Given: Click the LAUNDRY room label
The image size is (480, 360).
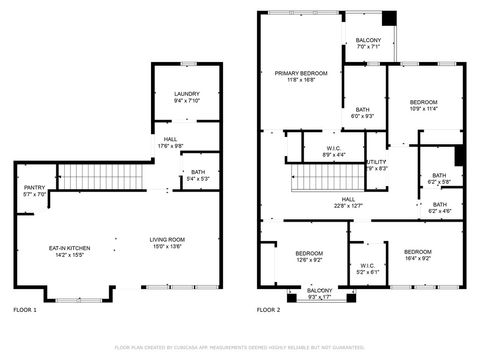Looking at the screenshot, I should (x=187, y=93).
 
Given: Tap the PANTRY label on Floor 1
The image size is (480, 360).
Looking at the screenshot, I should (x=34, y=187).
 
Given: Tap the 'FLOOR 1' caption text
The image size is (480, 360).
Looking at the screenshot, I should (x=25, y=310).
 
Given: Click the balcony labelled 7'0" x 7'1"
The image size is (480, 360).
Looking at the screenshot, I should (x=368, y=42).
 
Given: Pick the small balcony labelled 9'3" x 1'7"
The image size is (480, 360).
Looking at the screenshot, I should (x=320, y=293).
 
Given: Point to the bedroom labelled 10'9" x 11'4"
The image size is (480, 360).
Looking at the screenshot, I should (x=424, y=103).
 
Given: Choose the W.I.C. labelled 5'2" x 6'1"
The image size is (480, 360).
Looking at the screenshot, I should (x=367, y=268).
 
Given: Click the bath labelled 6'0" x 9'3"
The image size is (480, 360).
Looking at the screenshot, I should (x=362, y=112).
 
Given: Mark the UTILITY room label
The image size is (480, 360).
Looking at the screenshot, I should (x=376, y=163).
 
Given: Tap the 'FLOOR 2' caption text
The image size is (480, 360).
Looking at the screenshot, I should (x=268, y=310).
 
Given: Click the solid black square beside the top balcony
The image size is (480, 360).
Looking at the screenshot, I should (x=389, y=18).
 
